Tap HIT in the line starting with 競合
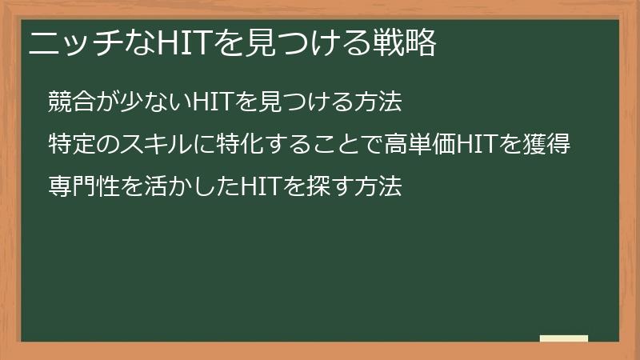point(210,103)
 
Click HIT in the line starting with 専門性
point(262,188)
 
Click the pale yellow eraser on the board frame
point(564,338)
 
